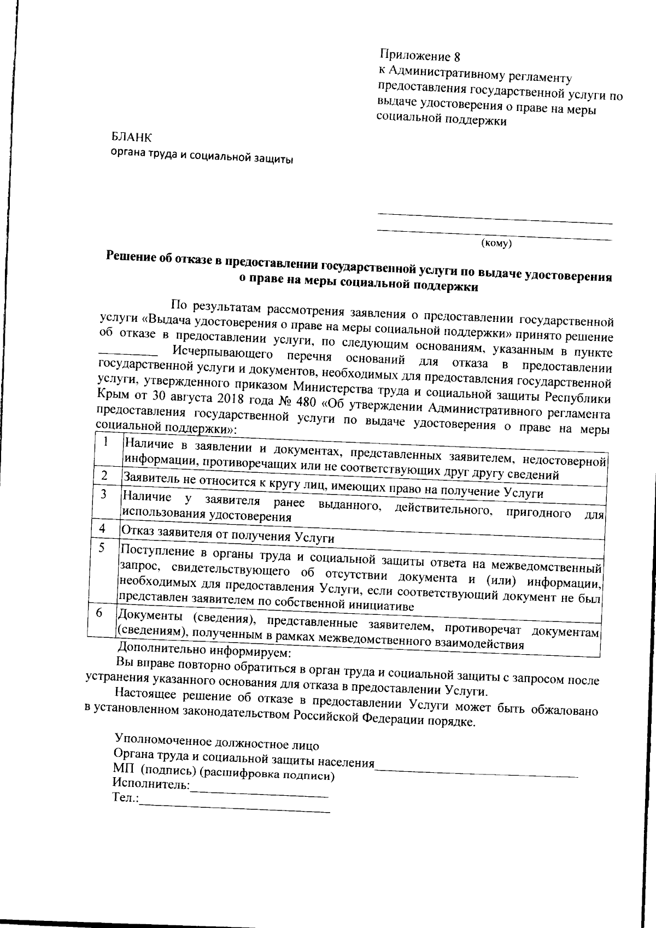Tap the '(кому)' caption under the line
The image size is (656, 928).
click(495, 243)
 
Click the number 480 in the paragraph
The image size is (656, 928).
click(309, 403)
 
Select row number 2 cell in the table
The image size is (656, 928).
click(104, 475)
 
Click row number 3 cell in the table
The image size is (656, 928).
click(103, 494)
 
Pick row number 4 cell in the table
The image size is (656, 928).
click(102, 528)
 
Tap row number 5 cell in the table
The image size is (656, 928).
click(101, 547)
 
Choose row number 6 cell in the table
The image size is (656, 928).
click(100, 613)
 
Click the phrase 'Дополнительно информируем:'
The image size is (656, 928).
click(203, 652)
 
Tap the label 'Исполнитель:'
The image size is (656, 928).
click(151, 785)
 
